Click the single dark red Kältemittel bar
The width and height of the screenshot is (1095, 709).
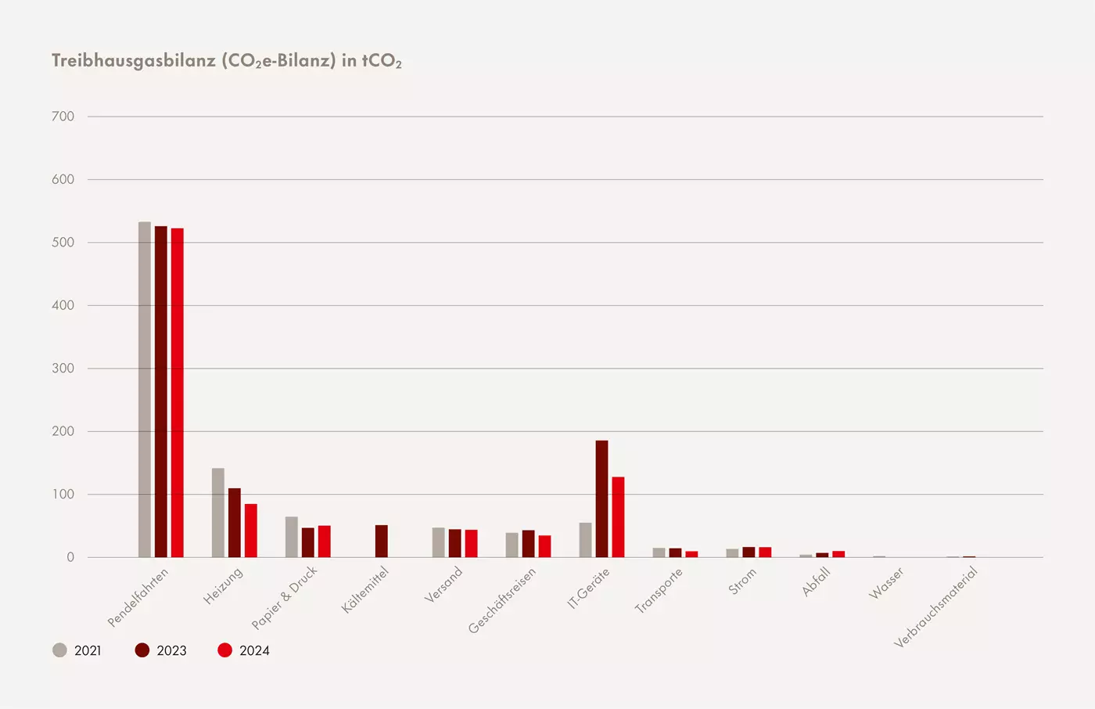pyautogui.click(x=382, y=541)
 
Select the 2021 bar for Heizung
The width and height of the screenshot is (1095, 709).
pyautogui.click(x=218, y=513)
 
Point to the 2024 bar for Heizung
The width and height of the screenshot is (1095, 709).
pyautogui.click(x=251, y=531)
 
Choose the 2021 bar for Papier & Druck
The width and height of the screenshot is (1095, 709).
pyautogui.click(x=292, y=537)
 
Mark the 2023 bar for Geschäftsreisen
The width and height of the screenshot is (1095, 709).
pyautogui.click(x=529, y=544)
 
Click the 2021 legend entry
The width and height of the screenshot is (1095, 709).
pyautogui.click(x=77, y=650)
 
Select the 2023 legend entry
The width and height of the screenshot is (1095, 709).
pyautogui.click(x=161, y=650)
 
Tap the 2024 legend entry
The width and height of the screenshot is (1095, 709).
pyautogui.click(x=244, y=650)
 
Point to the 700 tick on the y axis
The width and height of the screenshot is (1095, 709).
pyautogui.click(x=63, y=117)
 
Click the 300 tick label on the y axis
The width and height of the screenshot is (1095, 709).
pyautogui.click(x=63, y=368)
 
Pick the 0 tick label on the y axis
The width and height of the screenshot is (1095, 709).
pyautogui.click(x=70, y=557)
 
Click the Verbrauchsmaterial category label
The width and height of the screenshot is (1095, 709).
pyautogui.click(x=935, y=607)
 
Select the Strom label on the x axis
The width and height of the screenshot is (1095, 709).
pyautogui.click(x=742, y=581)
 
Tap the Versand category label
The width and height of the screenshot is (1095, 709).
pyautogui.click(x=443, y=585)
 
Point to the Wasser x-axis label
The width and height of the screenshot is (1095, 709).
pyautogui.click(x=886, y=584)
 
